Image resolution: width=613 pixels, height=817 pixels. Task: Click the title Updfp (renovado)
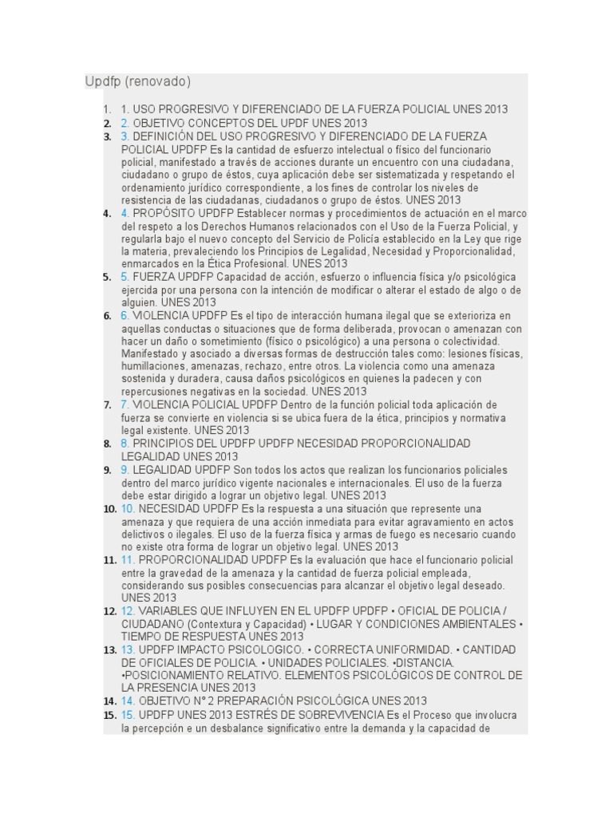coord(138,82)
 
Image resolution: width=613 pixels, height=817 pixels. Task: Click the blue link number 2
coord(125,123)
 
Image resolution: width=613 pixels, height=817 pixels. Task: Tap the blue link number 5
coord(125,277)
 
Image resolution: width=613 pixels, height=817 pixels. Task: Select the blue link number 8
coord(125,443)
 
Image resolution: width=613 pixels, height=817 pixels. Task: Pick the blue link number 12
coord(128,611)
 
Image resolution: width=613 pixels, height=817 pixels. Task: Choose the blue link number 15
coord(128,715)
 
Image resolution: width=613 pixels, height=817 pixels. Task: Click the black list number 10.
coord(110,509)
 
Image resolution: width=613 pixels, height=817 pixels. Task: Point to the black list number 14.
coord(110,701)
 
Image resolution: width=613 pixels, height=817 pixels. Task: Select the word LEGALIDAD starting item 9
coord(162,470)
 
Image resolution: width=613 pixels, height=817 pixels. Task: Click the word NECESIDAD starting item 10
coord(169,509)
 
